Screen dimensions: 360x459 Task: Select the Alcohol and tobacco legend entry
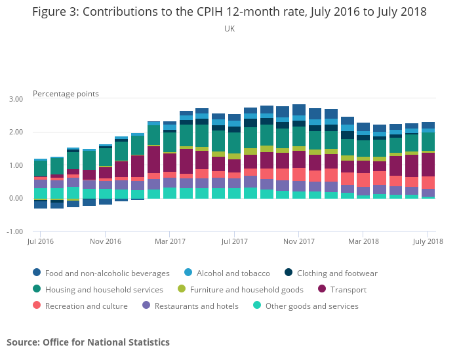[x=233, y=273]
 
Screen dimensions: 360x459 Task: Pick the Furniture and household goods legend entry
[x=246, y=290]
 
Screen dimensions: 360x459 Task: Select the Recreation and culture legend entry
[x=86, y=306]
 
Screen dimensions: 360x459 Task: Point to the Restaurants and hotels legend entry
[x=196, y=306]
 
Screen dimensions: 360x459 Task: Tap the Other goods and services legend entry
[x=311, y=306]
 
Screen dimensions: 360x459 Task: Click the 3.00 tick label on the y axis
[x=15, y=99]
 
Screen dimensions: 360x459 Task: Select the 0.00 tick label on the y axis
[x=15, y=198]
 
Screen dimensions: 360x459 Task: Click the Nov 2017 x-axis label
[x=298, y=241]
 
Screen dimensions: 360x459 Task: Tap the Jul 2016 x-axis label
[x=40, y=241]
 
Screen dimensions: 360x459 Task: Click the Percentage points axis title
[x=66, y=94]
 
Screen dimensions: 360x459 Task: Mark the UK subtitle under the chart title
[x=229, y=29]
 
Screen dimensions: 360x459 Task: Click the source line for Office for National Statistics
[x=88, y=342]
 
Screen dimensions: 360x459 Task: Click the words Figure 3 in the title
[x=55, y=12]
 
